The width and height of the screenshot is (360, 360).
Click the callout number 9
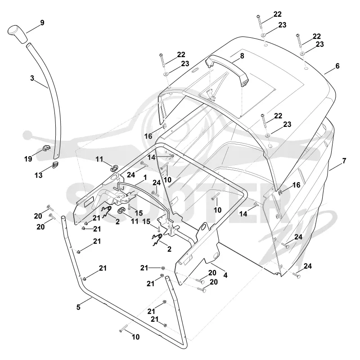pyautogui.click(x=42, y=23)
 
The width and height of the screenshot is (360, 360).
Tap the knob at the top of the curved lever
pyautogui.click(x=18, y=34)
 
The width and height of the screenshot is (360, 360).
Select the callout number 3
pyautogui.click(x=32, y=78)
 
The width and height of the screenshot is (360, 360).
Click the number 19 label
pyautogui.click(x=28, y=159)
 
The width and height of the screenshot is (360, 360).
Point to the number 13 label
pyautogui.click(x=38, y=175)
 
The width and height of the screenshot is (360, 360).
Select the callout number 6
pyautogui.click(x=337, y=66)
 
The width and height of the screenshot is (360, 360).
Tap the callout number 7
pyautogui.click(x=344, y=161)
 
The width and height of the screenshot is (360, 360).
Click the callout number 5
pyautogui.click(x=78, y=307)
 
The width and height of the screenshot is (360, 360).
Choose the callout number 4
pyautogui.click(x=225, y=275)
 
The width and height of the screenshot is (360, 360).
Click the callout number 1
pyautogui.click(x=145, y=178)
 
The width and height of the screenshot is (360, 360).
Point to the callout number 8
pyautogui.click(x=242, y=56)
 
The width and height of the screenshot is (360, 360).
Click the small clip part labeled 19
pyautogui.click(x=47, y=148)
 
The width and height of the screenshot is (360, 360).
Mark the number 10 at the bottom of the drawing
pyautogui.click(x=136, y=337)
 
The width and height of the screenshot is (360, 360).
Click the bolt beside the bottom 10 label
pyautogui.click(x=123, y=328)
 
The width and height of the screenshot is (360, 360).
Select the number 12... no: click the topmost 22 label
pyautogui.click(x=277, y=14)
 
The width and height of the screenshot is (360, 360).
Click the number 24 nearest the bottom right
pyautogui.click(x=308, y=266)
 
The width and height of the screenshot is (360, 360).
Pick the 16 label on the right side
pyautogui.click(x=296, y=185)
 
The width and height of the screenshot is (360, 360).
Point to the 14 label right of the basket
pyautogui.click(x=243, y=214)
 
